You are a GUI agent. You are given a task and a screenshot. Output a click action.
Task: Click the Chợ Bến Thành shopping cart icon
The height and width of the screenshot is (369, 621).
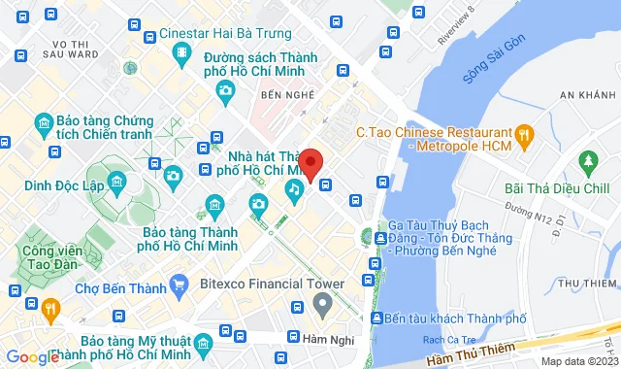pos(178,284)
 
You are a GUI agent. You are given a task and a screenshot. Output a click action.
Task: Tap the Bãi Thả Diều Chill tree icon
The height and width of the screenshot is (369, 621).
pos(586,160)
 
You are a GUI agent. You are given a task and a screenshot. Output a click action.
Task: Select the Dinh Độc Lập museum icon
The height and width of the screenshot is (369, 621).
pos(116,183)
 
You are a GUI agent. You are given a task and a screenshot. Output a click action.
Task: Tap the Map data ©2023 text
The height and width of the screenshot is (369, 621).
pos(578,361)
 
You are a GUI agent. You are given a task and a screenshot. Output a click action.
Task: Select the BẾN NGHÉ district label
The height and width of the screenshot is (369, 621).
pos(284,95)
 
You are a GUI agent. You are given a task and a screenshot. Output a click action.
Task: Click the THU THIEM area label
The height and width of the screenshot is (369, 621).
pos(588,283)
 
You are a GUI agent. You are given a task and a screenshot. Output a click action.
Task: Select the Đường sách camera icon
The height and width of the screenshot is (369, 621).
pos(226,90)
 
